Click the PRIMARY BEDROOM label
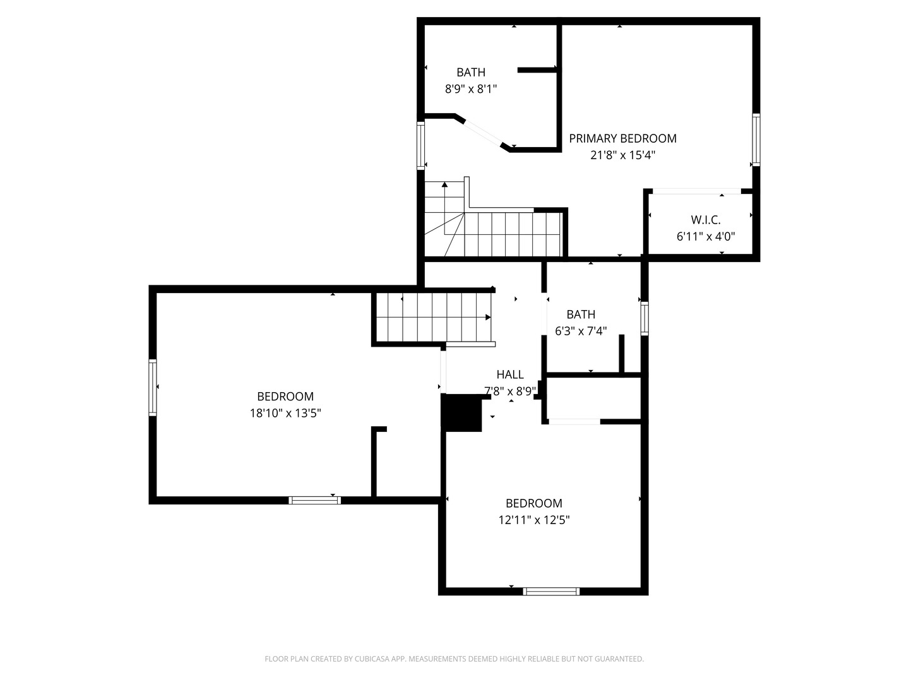(x=622, y=138)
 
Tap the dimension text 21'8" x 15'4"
(x=622, y=155)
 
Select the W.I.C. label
(x=705, y=220)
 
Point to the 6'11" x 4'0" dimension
(x=705, y=237)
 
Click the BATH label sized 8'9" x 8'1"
(x=471, y=73)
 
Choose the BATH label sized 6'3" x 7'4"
(x=580, y=314)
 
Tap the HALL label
(x=509, y=374)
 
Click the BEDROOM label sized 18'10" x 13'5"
(x=285, y=397)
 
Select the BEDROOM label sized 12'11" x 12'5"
(x=533, y=503)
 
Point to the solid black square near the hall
(x=463, y=413)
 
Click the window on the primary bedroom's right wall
(x=756, y=140)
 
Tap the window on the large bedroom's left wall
(x=153, y=387)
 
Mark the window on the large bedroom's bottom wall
(x=314, y=500)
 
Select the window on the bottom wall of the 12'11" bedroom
(x=551, y=592)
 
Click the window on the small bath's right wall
(x=644, y=318)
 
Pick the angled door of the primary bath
(x=483, y=133)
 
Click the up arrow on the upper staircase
(x=445, y=185)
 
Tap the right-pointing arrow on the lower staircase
(x=488, y=317)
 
